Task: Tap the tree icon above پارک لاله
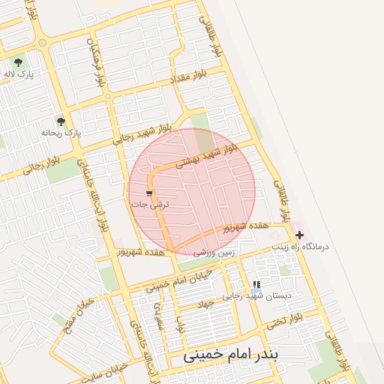point(18,61)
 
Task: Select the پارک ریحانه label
point(61,133)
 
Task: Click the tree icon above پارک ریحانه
point(61,121)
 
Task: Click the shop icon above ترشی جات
point(148,193)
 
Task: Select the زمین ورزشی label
point(214,253)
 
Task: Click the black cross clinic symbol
point(300,235)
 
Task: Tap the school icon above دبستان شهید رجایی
point(256,284)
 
